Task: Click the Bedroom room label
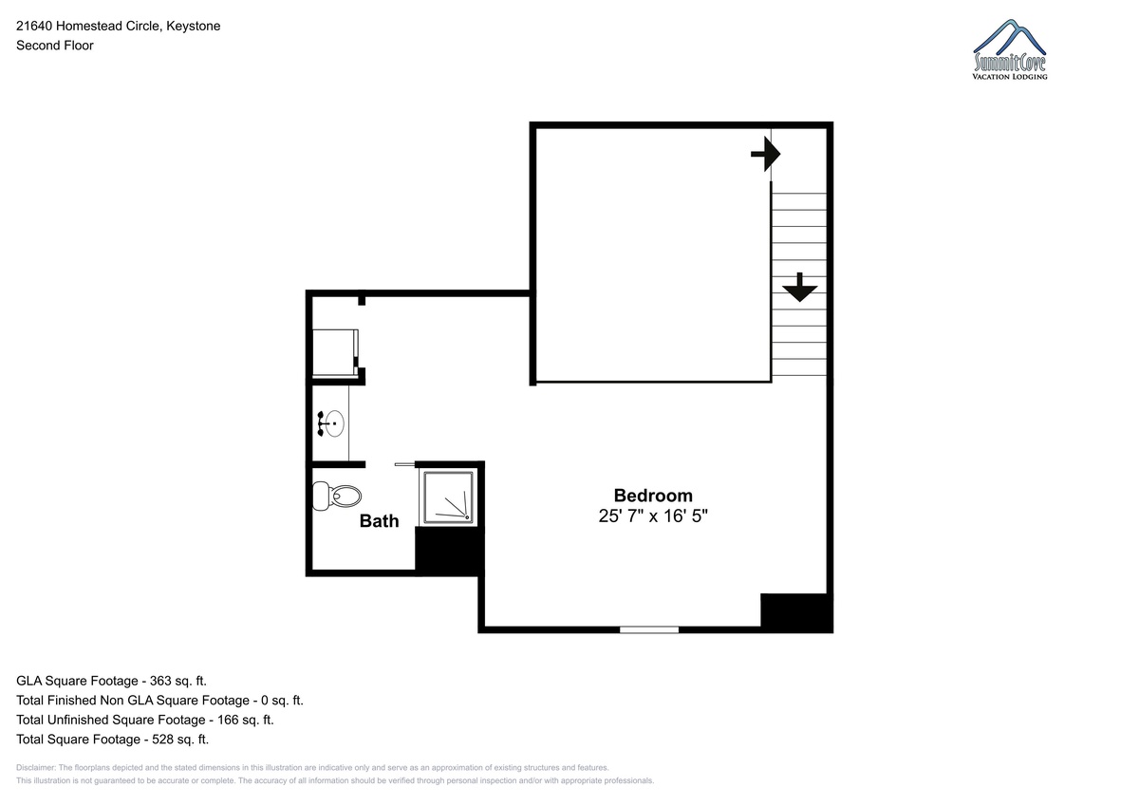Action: [x=653, y=496]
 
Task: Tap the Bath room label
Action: [x=379, y=521]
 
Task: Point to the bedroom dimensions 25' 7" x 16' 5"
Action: [x=653, y=515]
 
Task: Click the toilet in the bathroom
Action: [x=336, y=496]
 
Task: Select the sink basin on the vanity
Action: [x=334, y=423]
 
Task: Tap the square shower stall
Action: [x=448, y=497]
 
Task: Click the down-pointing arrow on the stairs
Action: [x=799, y=288]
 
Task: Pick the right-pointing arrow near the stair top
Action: [x=766, y=154]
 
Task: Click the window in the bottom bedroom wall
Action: [x=649, y=630]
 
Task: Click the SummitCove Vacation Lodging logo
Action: [x=1010, y=49]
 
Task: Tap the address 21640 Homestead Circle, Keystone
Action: [x=119, y=26]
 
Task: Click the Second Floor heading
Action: [x=55, y=46]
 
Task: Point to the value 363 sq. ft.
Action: [x=178, y=681]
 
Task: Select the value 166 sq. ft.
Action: [x=246, y=720]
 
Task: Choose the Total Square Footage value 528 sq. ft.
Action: [x=180, y=740]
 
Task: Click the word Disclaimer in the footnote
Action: [x=36, y=768]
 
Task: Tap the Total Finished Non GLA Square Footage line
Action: [x=159, y=701]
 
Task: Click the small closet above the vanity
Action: [x=334, y=352]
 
